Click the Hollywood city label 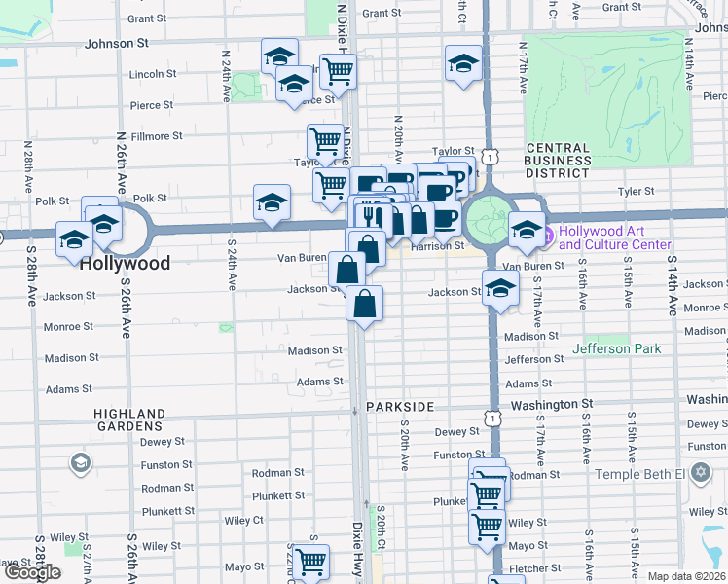click(x=125, y=263)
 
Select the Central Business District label click(x=558, y=161)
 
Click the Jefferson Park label click(x=616, y=348)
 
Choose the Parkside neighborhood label click(x=399, y=405)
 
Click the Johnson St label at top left click(x=116, y=43)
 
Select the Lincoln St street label click(x=153, y=73)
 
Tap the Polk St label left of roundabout click(x=150, y=198)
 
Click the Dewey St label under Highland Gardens click(x=156, y=441)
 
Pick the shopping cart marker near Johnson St click(x=337, y=70)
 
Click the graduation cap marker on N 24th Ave click(x=272, y=202)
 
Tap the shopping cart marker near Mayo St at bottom click(x=310, y=562)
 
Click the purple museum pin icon click(x=547, y=235)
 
